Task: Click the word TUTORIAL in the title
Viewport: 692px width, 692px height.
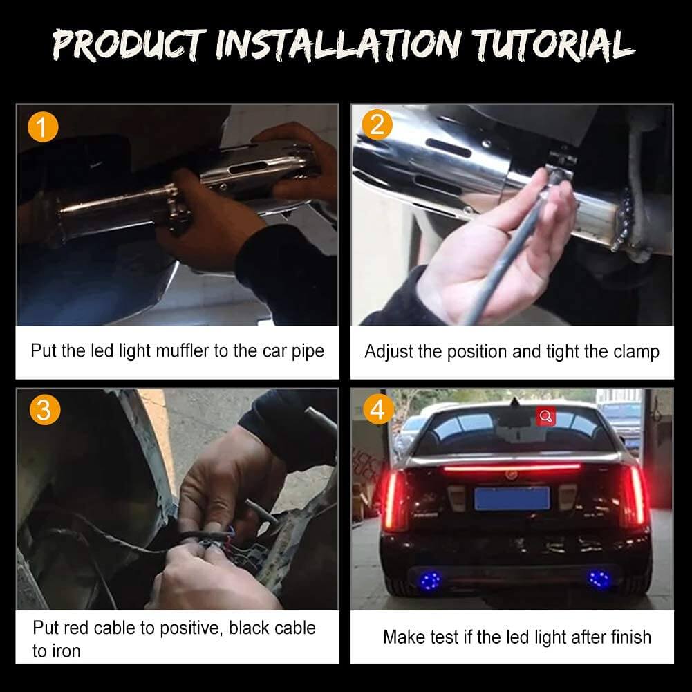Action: pyautogui.click(x=554, y=44)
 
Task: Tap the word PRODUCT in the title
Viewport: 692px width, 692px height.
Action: pyautogui.click(x=129, y=44)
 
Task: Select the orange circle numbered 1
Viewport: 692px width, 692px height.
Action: pyautogui.click(x=42, y=127)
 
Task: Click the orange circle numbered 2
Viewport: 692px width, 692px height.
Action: pyautogui.click(x=377, y=125)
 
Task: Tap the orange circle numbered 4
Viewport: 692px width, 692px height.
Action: pyautogui.click(x=378, y=409)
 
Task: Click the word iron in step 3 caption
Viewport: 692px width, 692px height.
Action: pyautogui.click(x=66, y=651)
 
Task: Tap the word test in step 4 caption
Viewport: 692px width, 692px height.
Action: pyautogui.click(x=444, y=637)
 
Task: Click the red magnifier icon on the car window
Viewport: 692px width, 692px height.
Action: pyautogui.click(x=546, y=416)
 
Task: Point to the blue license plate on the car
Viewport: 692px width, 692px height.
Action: pyautogui.click(x=512, y=498)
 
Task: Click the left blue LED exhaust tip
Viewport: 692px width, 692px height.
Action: pyautogui.click(x=430, y=579)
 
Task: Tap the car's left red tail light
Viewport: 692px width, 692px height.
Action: pyautogui.click(x=394, y=500)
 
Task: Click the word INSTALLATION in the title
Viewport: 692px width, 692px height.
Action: pyautogui.click(x=339, y=44)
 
